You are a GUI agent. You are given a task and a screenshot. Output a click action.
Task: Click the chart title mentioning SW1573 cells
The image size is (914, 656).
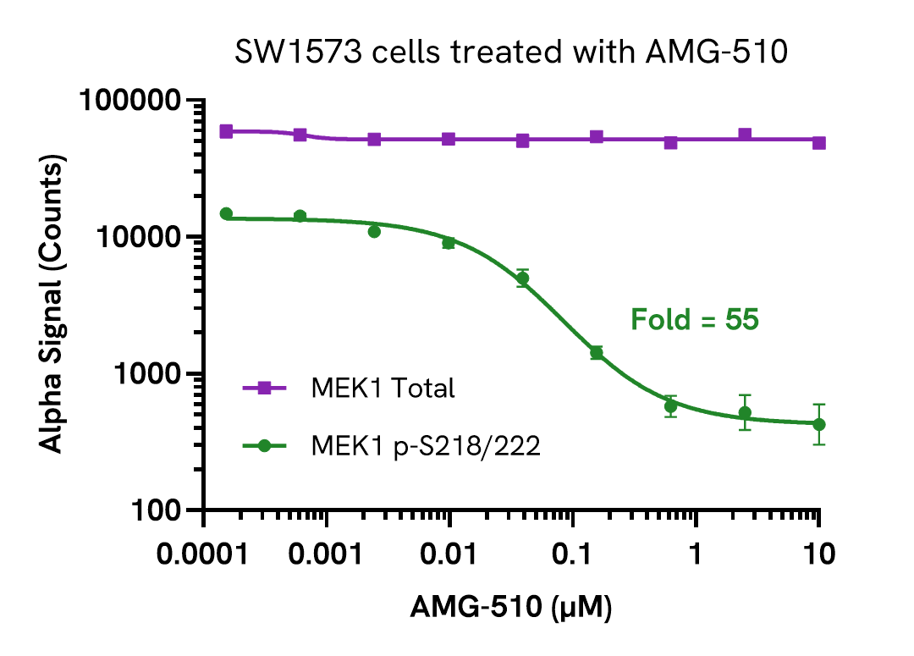(511, 52)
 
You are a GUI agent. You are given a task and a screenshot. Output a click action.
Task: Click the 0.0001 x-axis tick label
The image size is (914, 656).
(204, 556)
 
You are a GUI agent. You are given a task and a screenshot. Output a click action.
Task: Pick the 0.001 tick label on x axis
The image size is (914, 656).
(327, 556)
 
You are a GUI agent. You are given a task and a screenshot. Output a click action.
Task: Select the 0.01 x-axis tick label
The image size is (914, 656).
(449, 556)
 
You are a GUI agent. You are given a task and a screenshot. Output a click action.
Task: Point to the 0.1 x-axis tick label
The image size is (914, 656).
(573, 556)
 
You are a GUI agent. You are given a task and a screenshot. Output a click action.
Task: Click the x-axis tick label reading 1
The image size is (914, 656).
(696, 556)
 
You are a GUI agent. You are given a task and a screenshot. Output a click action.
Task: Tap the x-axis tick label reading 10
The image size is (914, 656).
(818, 556)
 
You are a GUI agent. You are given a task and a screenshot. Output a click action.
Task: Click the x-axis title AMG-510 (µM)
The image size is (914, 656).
(511, 608)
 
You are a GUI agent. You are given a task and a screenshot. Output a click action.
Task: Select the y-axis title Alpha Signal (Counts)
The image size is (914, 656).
(52, 305)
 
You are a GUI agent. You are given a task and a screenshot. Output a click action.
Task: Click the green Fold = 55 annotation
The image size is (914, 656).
(694, 321)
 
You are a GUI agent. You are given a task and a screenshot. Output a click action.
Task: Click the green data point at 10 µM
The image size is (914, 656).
(818, 424)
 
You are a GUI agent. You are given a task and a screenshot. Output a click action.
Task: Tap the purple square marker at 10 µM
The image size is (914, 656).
(818, 142)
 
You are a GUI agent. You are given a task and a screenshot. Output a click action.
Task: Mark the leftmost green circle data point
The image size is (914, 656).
(226, 214)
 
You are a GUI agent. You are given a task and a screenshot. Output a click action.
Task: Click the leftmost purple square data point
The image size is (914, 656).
(226, 131)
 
